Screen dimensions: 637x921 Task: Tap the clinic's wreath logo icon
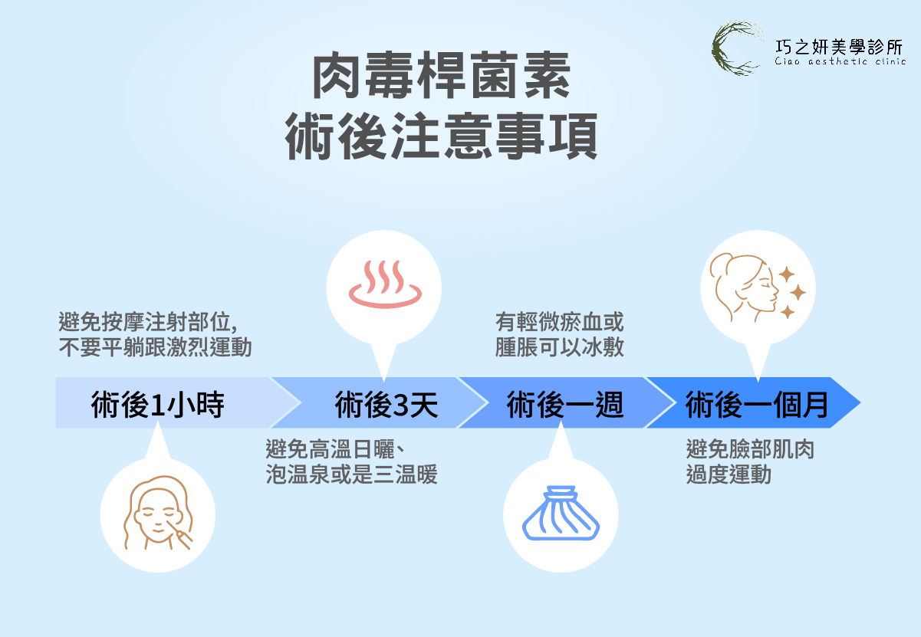click(x=735, y=48)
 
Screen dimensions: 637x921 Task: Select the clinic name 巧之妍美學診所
click(x=840, y=45)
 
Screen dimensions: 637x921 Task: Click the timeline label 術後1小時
click(x=157, y=404)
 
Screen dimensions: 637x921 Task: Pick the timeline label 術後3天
click(x=386, y=404)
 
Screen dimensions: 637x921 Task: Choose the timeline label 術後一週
click(x=564, y=404)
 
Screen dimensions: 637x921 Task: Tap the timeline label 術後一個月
click(x=757, y=404)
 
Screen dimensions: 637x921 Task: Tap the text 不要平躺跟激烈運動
click(x=155, y=347)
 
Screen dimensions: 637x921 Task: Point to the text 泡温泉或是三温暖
click(x=351, y=475)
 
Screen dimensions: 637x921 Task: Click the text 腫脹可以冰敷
click(x=560, y=347)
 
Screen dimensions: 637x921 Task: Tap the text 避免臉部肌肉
click(x=750, y=449)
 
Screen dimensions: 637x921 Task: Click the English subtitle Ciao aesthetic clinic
click(x=840, y=62)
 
